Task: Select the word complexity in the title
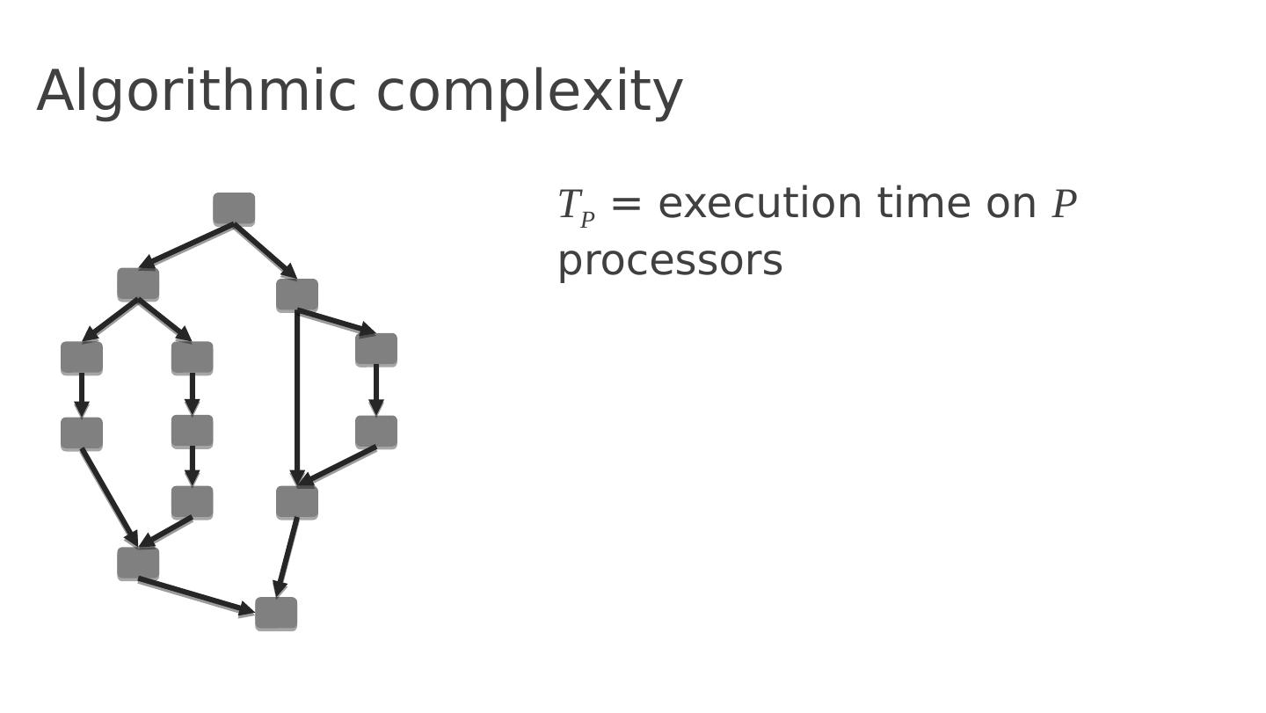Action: tap(529, 93)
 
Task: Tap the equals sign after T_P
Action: tap(626, 204)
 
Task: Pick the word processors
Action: tap(670, 261)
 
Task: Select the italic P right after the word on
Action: tap(1064, 205)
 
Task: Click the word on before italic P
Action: tap(1011, 205)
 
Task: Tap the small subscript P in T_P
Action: tap(587, 220)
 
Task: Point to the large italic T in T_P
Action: tap(569, 205)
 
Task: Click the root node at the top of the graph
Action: tap(234, 209)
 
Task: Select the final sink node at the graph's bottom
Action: tap(276, 614)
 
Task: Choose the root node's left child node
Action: tap(138, 284)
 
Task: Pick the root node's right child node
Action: tap(297, 295)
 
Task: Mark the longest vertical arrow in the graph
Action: tap(297, 396)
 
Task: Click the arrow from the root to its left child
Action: tap(186, 246)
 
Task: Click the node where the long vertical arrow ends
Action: tap(297, 502)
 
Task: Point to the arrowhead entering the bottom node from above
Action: tap(280, 588)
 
